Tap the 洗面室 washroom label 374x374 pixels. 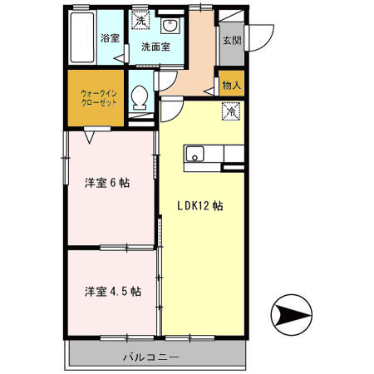click(x=155, y=47)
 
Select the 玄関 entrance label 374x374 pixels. click(x=230, y=39)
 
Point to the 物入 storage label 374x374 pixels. click(x=230, y=86)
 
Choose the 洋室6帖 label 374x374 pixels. click(x=111, y=183)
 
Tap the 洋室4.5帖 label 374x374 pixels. click(x=111, y=292)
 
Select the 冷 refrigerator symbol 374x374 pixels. click(x=229, y=108)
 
